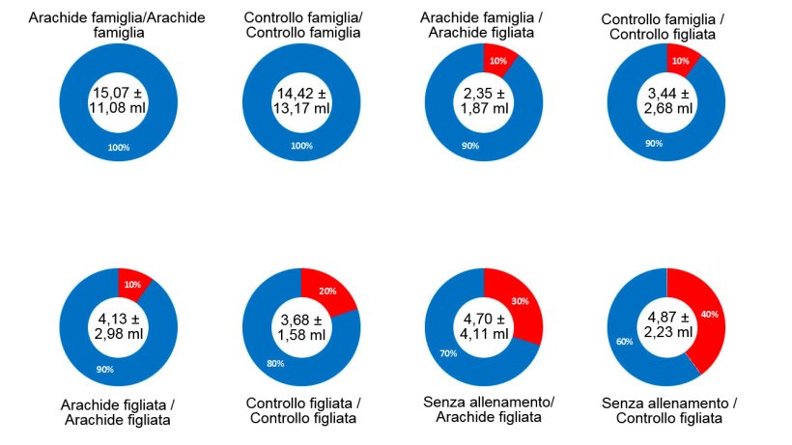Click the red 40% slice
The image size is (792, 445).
point(708,314)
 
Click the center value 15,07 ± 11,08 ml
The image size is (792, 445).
point(118,100)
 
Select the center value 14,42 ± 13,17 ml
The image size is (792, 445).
point(301,100)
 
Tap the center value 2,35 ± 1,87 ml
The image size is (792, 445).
point(484,100)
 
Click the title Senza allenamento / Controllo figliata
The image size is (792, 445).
point(666,409)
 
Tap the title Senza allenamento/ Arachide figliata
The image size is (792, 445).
point(484,408)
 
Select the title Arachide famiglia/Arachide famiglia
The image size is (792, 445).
point(118,24)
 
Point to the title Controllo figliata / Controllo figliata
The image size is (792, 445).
point(301,409)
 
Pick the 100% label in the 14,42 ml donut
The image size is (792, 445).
point(301,146)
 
